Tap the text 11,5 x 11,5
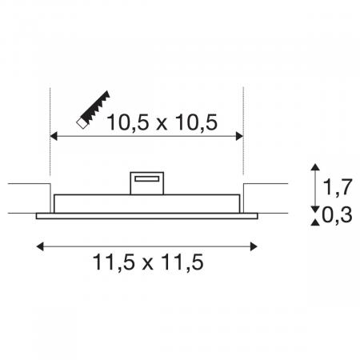[x=149, y=262]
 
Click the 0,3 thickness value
[x=338, y=215]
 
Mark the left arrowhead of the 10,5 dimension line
[x=54, y=138]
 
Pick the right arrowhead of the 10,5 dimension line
[x=240, y=138]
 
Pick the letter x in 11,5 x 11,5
[x=149, y=262]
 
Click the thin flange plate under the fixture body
[x=147, y=214]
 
